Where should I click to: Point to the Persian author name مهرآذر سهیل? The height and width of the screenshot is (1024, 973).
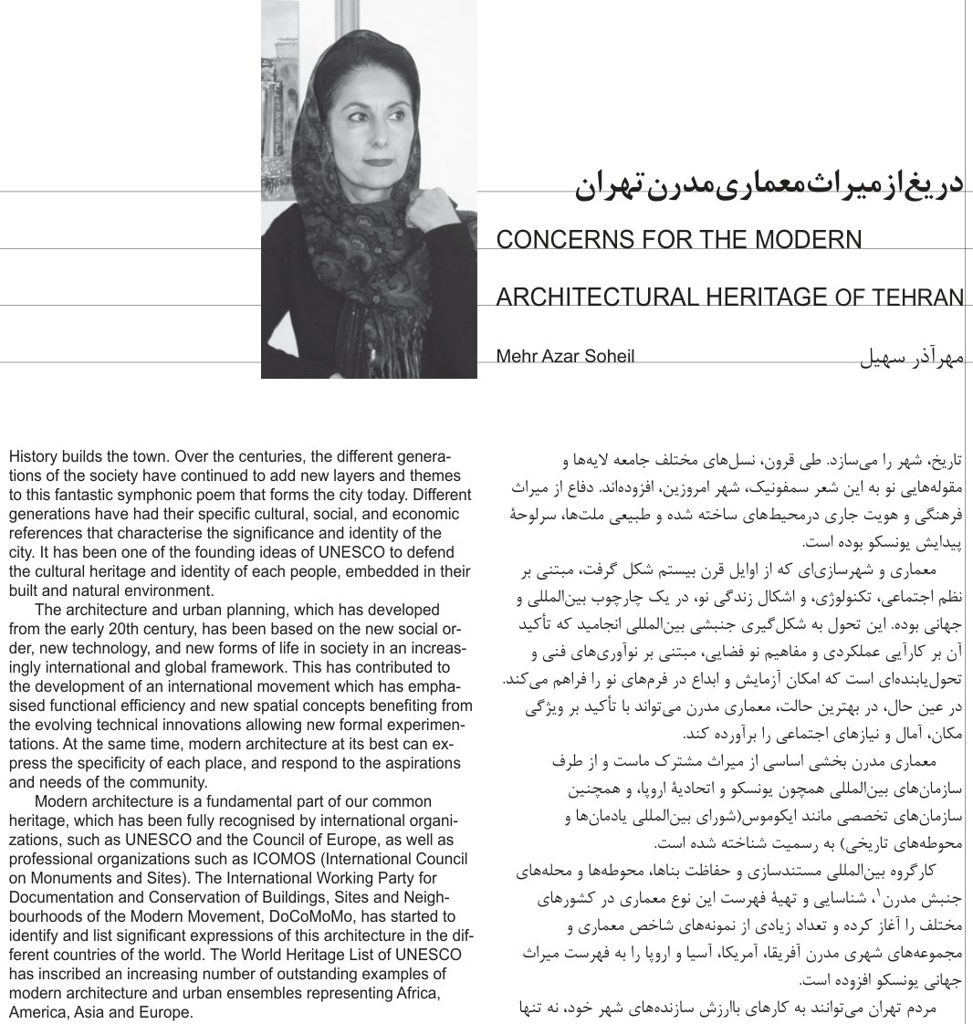point(912,356)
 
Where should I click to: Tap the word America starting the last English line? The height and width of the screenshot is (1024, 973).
point(36,1012)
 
